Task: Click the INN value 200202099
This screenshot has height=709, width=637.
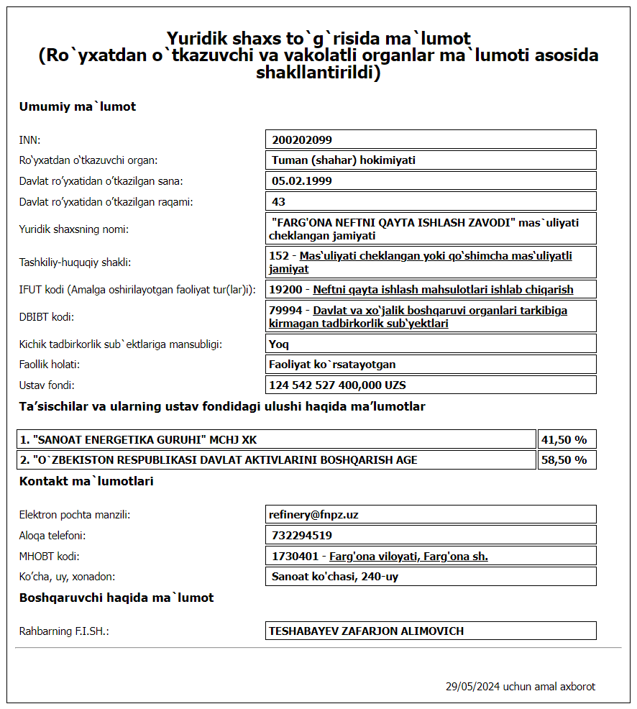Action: click(302, 139)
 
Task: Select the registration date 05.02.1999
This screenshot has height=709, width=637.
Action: click(302, 181)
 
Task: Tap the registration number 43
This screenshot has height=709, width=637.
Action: click(279, 202)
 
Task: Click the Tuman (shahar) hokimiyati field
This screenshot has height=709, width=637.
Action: click(344, 160)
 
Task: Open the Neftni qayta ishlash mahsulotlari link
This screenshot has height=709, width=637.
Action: click(443, 290)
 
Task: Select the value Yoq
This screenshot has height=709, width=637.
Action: click(279, 344)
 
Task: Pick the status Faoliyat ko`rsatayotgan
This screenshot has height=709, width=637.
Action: click(332, 365)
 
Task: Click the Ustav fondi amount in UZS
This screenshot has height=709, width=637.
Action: click(337, 385)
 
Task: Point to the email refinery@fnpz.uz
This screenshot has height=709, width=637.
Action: click(313, 515)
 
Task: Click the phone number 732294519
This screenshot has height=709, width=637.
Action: click(302, 536)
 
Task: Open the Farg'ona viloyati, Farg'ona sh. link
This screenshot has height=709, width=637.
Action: click(408, 557)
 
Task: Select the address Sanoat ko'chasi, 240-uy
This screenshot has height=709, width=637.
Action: click(335, 577)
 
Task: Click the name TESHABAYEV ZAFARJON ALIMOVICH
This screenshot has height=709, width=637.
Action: click(367, 631)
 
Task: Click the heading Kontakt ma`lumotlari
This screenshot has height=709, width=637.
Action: click(86, 482)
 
